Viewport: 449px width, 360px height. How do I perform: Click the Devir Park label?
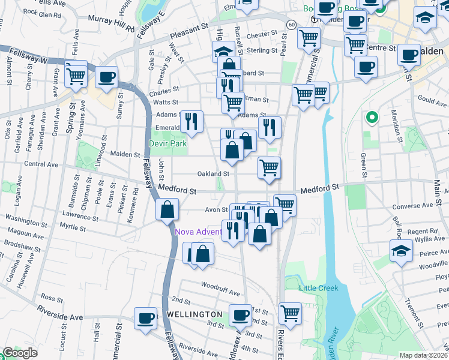[168, 143]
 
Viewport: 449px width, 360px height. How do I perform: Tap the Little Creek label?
[319, 288]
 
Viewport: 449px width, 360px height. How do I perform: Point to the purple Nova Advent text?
[198, 232]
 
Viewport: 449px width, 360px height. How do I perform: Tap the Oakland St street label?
[214, 174]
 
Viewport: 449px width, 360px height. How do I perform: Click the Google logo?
[19, 353]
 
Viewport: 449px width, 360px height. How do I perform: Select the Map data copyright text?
[423, 355]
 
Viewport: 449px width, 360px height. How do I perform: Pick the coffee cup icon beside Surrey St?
[106, 77]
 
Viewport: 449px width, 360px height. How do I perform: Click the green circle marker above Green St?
[372, 118]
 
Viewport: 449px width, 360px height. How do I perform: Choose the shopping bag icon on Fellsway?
[167, 210]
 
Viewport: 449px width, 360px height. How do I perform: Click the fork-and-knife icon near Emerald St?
[191, 122]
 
